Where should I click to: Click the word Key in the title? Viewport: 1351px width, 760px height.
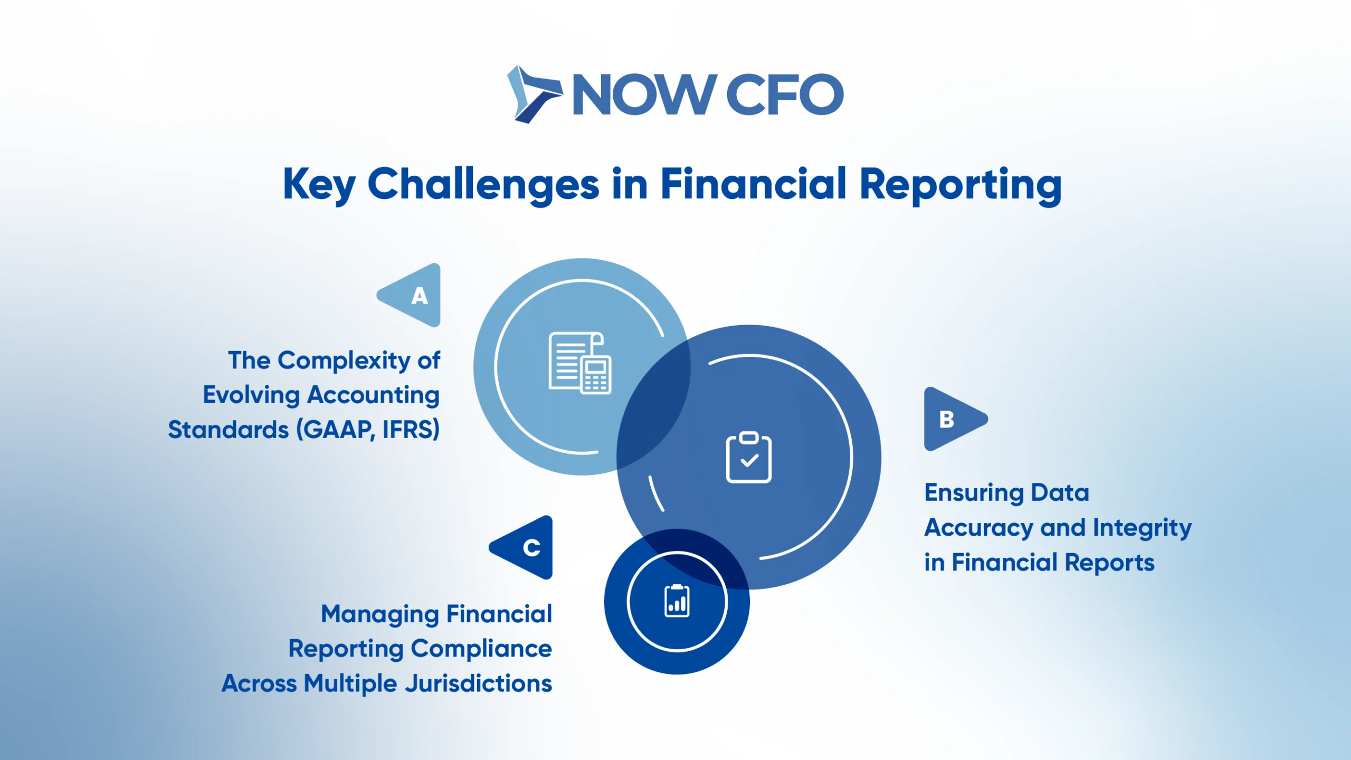319,185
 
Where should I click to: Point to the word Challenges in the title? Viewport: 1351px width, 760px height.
483,185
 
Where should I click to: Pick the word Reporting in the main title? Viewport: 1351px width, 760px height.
960,185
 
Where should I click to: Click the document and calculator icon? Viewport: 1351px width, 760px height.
580,363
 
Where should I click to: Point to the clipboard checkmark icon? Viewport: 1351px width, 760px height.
749,457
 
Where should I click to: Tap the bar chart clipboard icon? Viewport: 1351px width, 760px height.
677,601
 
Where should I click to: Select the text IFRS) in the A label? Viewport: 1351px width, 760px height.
411,429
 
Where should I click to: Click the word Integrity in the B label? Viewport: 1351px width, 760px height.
1142,528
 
